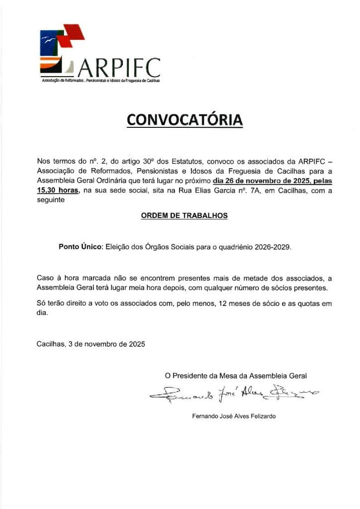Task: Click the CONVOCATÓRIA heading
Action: point(184,120)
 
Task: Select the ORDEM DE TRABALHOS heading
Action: point(184,215)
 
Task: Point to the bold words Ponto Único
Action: point(80,246)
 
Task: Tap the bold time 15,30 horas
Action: point(58,190)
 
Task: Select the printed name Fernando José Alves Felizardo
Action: point(234,416)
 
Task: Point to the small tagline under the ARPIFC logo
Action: point(100,80)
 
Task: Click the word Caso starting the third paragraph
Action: point(46,277)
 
